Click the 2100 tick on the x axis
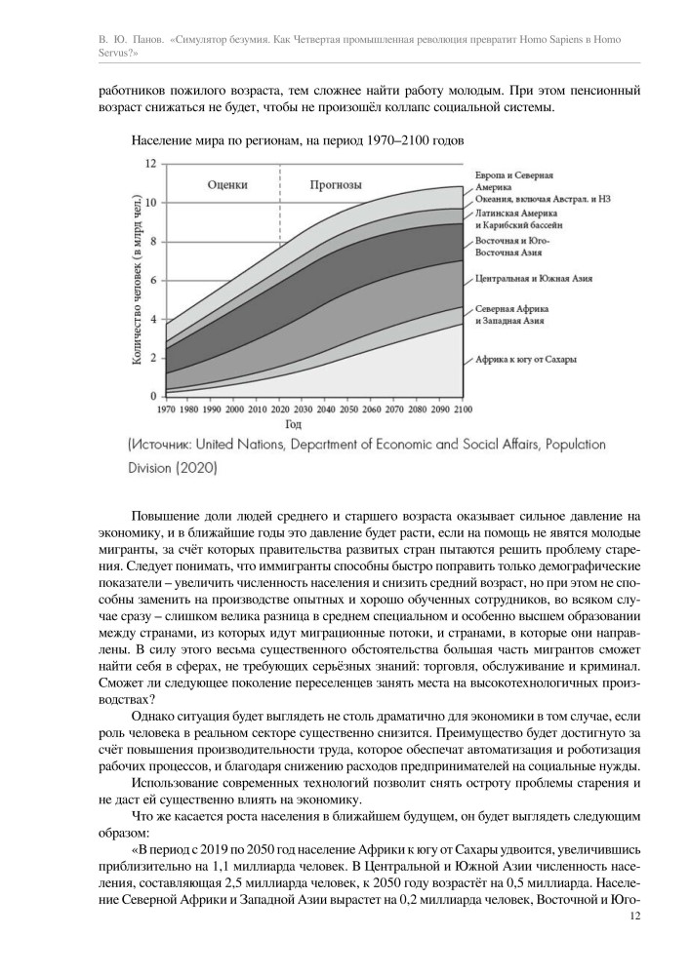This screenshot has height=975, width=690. point(462,409)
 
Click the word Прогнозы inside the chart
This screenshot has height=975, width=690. point(337,183)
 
